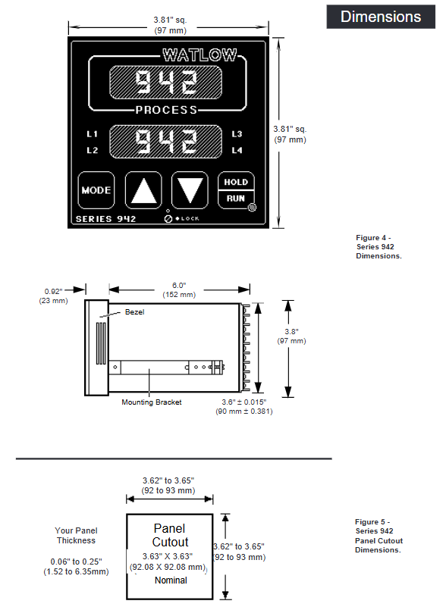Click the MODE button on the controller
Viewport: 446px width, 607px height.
tap(96, 190)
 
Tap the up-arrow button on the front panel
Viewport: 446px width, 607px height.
tap(143, 190)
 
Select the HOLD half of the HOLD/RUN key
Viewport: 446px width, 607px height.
tap(236, 181)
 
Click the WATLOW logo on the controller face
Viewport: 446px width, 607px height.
tap(199, 55)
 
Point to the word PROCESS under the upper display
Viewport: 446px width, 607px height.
tap(166, 110)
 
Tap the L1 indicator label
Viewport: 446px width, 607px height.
tap(93, 134)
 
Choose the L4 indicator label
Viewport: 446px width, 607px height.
tap(237, 150)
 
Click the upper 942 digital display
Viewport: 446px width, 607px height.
tap(166, 82)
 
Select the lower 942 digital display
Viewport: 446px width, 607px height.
tap(166, 142)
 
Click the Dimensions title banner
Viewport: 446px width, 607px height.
tap(381, 17)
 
